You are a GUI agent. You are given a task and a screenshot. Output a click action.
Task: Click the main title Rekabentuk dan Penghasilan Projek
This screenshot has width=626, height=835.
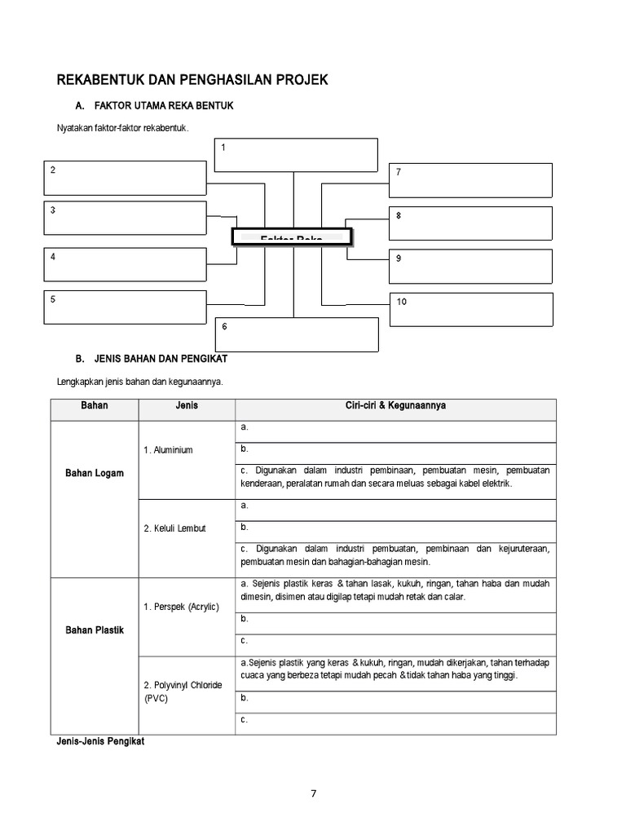(x=192, y=80)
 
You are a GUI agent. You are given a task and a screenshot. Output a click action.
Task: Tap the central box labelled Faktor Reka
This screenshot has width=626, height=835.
(x=292, y=236)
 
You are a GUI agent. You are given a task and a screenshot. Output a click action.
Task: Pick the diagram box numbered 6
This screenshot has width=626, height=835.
(x=297, y=334)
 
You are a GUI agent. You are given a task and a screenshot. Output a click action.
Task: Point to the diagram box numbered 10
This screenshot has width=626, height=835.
(x=471, y=309)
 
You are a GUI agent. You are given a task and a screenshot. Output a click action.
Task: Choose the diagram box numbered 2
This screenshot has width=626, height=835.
(x=125, y=177)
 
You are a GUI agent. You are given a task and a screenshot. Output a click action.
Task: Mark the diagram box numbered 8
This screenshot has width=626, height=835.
(x=470, y=223)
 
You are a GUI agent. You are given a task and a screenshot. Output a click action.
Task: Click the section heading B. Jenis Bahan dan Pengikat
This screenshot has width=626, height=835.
(x=151, y=358)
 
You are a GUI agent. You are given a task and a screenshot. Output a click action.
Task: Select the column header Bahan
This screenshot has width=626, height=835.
(x=95, y=404)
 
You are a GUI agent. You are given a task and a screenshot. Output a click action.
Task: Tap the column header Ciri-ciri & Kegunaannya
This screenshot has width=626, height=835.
(x=395, y=404)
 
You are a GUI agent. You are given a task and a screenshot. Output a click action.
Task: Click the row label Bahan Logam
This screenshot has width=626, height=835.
(x=95, y=473)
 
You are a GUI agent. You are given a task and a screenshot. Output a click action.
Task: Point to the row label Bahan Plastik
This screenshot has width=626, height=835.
(x=95, y=630)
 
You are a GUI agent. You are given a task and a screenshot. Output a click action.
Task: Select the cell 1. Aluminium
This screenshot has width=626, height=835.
(x=169, y=450)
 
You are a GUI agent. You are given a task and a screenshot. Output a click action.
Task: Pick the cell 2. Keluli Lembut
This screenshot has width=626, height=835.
(x=174, y=528)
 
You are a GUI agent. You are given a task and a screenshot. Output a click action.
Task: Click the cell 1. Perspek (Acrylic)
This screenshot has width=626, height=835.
(x=181, y=607)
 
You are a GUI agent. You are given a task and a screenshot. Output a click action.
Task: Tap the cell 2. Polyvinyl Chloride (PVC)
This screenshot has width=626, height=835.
(x=182, y=691)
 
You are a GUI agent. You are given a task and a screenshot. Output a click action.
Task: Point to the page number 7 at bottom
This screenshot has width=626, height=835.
(x=313, y=796)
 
